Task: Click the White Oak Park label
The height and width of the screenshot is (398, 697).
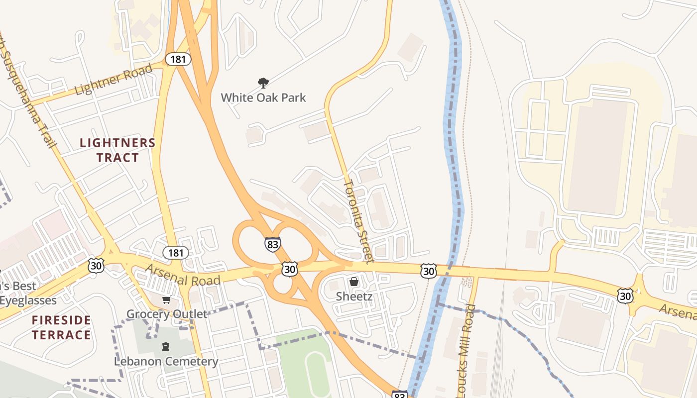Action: pyautogui.click(x=263, y=97)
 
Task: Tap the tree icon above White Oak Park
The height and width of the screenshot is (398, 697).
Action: pyautogui.click(x=263, y=83)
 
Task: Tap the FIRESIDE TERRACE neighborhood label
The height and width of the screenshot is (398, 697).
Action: pyautogui.click(x=62, y=327)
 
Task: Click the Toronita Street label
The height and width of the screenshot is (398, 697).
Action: pyautogui.click(x=358, y=221)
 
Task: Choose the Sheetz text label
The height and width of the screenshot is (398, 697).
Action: pyautogui.click(x=354, y=297)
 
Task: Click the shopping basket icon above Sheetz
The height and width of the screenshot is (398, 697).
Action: pyautogui.click(x=354, y=282)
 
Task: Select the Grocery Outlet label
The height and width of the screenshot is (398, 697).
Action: pyautogui.click(x=166, y=314)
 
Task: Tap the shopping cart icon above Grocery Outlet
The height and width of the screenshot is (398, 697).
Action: pyautogui.click(x=166, y=299)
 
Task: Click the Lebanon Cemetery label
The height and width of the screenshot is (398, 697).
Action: pyautogui.click(x=166, y=361)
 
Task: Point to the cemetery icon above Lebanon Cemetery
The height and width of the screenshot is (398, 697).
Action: pyautogui.click(x=166, y=346)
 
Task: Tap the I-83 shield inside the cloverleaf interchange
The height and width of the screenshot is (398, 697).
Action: pyautogui.click(x=273, y=244)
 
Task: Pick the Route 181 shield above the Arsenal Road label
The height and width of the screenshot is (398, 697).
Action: pyautogui.click(x=176, y=253)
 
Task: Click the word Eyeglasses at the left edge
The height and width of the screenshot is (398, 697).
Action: pyautogui.click(x=28, y=300)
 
